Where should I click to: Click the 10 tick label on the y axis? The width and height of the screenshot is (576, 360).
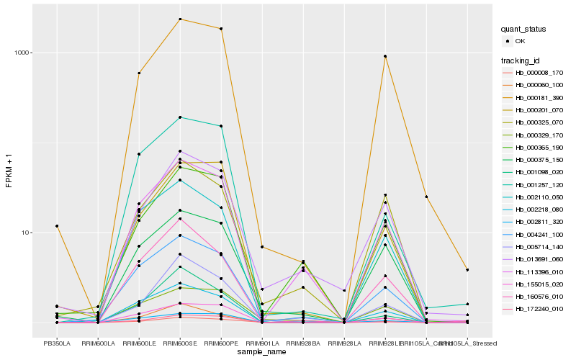coord(26,233)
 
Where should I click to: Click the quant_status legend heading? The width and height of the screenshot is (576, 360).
coord(523,29)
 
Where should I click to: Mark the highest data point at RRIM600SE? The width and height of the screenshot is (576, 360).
coord(180,19)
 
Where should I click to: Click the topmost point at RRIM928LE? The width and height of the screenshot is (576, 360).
coord(385,56)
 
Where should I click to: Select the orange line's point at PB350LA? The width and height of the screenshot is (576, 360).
coord(56,226)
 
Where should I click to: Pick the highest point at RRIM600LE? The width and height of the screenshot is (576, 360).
coord(138,73)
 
